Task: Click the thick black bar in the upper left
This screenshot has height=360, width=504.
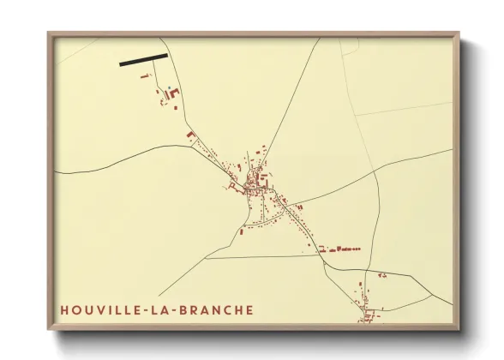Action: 143,60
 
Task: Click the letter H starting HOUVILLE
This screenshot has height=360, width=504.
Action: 64,310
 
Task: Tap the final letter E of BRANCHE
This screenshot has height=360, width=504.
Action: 249,310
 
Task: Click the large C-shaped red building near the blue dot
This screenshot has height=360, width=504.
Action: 174,93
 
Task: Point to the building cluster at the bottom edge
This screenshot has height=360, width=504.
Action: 367,315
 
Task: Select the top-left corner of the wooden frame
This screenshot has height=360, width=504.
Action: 50,35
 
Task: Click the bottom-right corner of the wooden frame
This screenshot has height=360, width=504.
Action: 458,328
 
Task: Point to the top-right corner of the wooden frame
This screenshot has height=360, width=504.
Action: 458,35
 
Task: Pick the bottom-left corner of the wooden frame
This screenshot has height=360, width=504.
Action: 50,328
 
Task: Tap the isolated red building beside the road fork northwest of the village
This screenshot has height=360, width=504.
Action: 190,135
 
